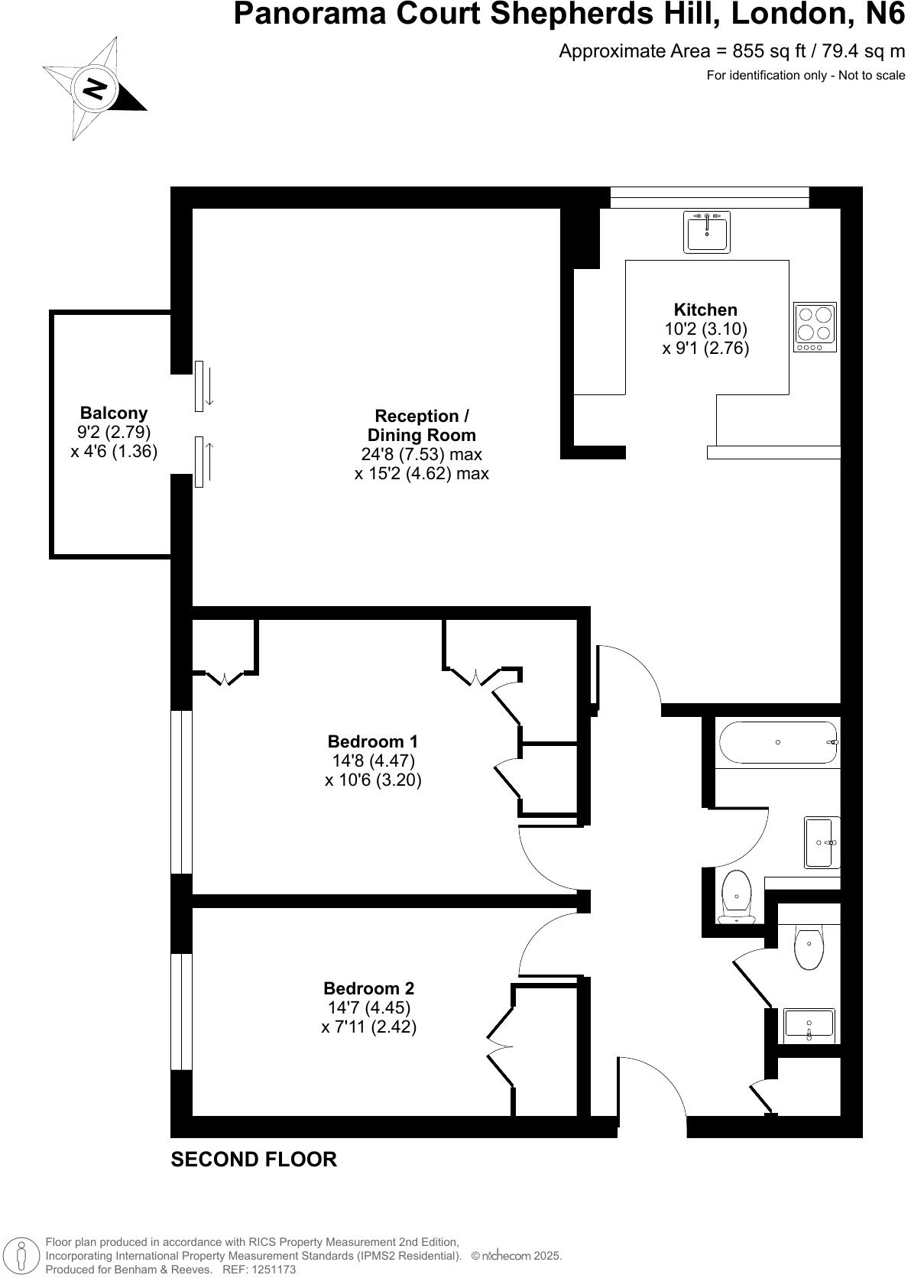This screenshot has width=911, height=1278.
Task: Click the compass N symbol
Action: pos(95,89)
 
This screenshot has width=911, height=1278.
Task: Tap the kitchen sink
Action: pos(707,232)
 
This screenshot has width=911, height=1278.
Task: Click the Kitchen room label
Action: pos(705,310)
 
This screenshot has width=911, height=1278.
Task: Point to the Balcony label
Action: pos(114,414)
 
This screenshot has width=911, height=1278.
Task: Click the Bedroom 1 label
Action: pos(372,741)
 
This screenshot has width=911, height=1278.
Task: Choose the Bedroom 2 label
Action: pos(368,988)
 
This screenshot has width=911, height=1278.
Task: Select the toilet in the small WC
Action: pos(808,948)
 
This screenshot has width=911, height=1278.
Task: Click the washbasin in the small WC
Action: pos(809,1026)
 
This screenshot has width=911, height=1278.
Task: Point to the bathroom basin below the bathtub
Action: pos(822,842)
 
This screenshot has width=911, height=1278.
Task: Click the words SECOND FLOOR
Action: pos(254,1160)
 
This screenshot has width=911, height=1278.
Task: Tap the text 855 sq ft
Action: pos(764,51)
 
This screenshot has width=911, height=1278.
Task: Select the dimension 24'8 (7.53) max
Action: pos(421,454)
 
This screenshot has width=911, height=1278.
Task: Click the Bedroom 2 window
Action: pos(181,1011)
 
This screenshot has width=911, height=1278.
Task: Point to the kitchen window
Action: pos(709,197)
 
